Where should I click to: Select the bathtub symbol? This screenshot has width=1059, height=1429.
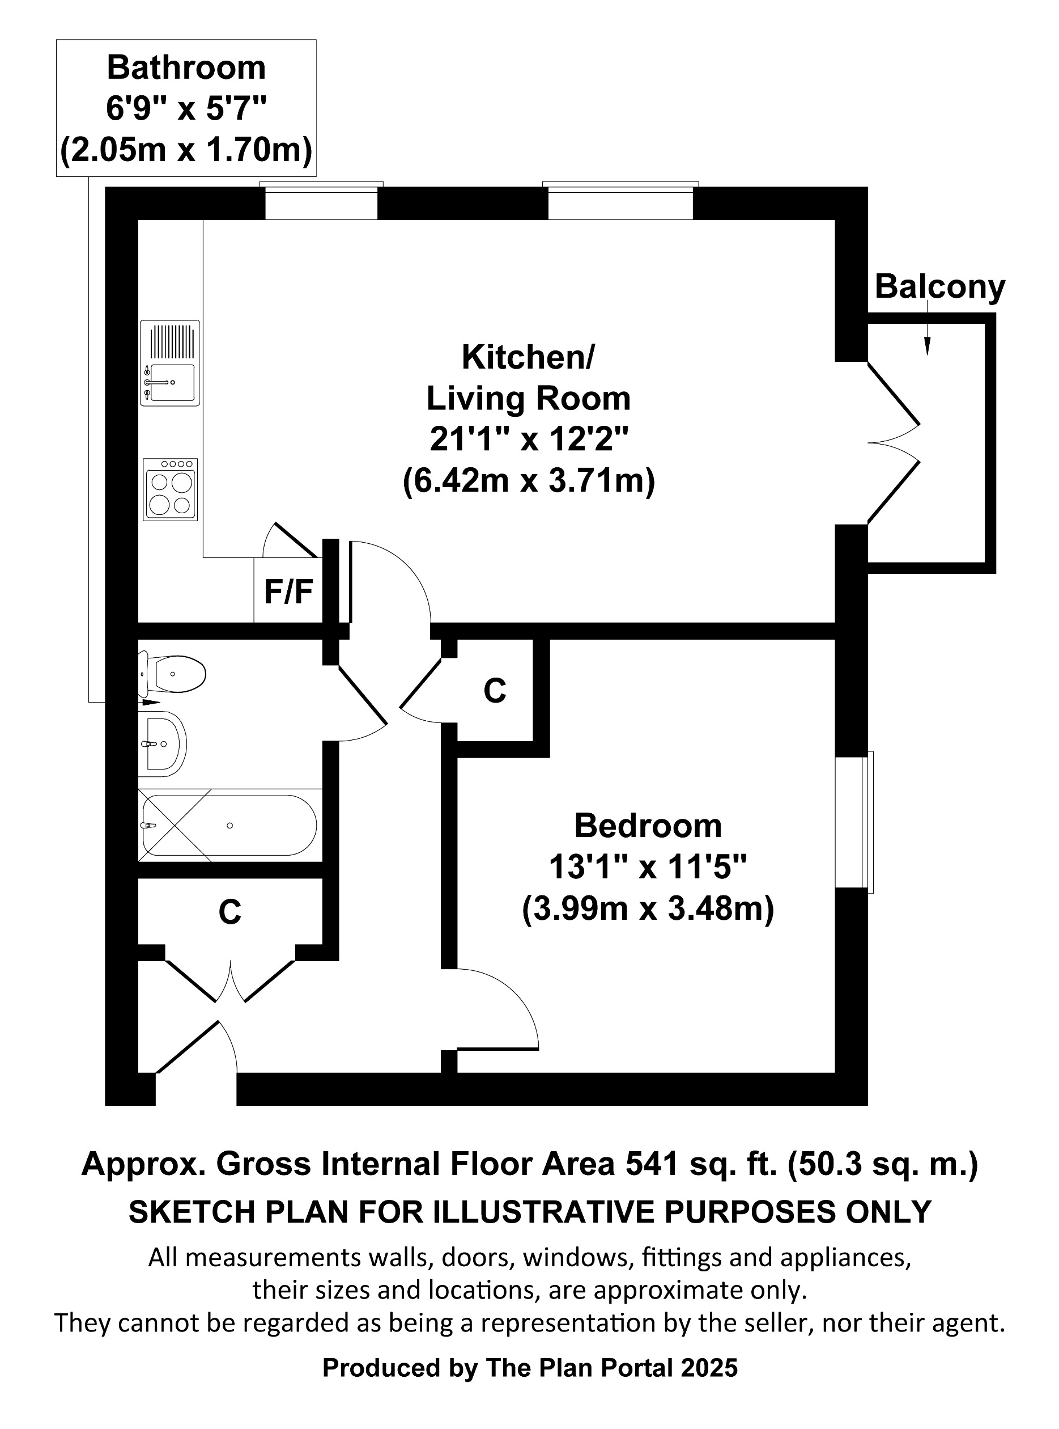pos(229,826)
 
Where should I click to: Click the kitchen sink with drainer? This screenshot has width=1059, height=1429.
pos(170,363)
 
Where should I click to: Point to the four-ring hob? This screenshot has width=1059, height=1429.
pos(170,489)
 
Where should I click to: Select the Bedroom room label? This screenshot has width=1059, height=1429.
pos(648,826)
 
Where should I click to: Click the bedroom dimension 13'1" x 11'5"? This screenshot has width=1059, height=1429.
pos(648,868)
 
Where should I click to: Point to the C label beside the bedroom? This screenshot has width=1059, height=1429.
pos(494,691)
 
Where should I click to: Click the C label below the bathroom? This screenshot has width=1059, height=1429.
pos(229,911)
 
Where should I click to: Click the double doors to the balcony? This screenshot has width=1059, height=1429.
pos(894,442)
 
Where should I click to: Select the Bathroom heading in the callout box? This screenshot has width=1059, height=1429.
pos(186,68)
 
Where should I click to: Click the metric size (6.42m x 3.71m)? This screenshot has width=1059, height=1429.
pos(529,480)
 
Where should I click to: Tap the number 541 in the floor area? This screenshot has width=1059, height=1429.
pos(651,1164)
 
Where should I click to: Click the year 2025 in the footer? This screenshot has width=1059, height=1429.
pos(709,1368)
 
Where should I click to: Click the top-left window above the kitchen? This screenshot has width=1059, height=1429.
pos(321,202)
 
